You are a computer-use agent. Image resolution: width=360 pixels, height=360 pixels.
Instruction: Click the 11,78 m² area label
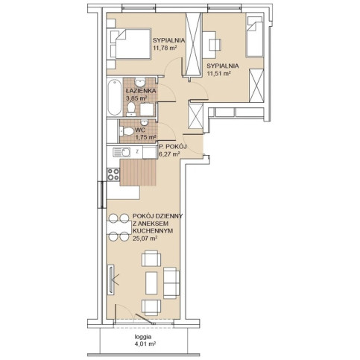[x=165, y=48]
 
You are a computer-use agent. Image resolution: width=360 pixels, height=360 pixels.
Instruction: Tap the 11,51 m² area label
[x=219, y=74]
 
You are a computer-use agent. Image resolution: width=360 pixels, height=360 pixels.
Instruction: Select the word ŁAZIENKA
[x=141, y=91]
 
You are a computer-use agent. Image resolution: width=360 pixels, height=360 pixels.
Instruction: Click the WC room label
[x=140, y=130]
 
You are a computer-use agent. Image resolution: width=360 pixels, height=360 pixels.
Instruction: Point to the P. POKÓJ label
[x=173, y=147]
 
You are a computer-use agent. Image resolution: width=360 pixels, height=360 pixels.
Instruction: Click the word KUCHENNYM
[x=153, y=231]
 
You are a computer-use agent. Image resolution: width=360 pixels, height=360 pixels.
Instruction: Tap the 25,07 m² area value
[x=145, y=239]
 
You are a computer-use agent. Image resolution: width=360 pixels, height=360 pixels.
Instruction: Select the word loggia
[x=143, y=337]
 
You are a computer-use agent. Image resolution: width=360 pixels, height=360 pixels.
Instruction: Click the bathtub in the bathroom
[x=114, y=97]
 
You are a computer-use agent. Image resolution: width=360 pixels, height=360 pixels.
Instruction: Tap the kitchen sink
[x=121, y=152]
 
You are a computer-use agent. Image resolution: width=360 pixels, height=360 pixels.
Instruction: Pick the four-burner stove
[x=113, y=174]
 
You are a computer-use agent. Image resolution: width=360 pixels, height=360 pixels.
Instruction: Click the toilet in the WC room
[x=127, y=131]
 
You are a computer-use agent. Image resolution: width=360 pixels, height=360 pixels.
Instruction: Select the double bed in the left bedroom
[x=130, y=44]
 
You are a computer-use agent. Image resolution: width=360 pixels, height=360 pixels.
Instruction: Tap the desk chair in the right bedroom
[x=215, y=45]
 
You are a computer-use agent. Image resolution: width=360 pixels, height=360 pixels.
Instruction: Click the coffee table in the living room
[x=151, y=283]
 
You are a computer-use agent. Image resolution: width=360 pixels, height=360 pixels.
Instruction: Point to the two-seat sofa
[x=171, y=283]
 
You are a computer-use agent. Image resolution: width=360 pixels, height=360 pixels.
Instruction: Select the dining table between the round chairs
[x=119, y=228]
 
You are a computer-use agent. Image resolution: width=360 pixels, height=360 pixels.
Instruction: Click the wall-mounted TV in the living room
[x=111, y=280]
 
